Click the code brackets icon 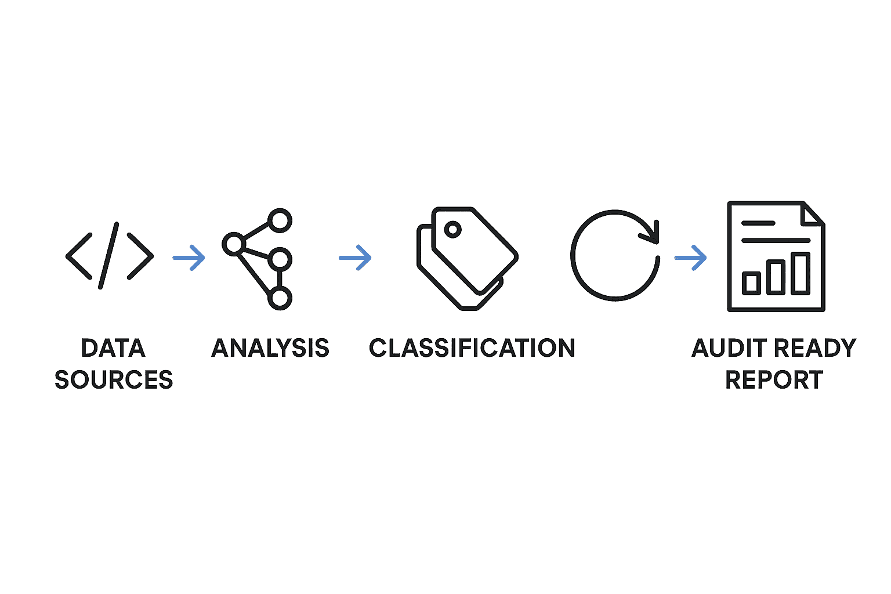[110, 256]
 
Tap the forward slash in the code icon [109, 255]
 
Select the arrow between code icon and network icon [189, 258]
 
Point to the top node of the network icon [280, 220]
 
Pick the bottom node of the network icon [280, 298]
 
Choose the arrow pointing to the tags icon [355, 258]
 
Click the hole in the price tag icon [452, 230]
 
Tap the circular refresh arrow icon [615, 255]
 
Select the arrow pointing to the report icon [690, 258]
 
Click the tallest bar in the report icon [801, 273]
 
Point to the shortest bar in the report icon [751, 283]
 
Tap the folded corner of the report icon [812, 213]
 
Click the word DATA [113, 348]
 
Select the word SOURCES [114, 380]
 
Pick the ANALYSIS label [270, 348]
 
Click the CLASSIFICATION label [472, 348]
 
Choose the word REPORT [774, 380]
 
